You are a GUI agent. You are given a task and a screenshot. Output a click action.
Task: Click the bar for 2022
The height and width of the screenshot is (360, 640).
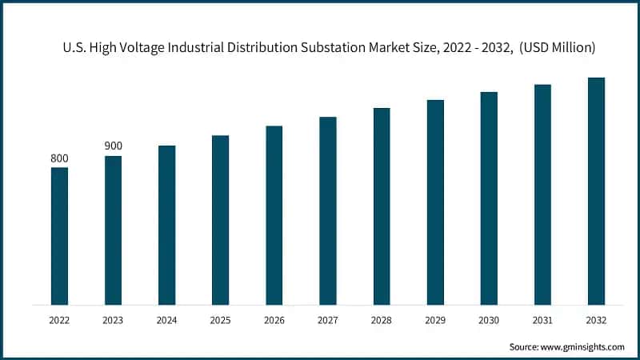tap(59, 236)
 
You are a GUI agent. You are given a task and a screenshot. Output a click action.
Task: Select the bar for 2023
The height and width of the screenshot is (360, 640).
tap(113, 230)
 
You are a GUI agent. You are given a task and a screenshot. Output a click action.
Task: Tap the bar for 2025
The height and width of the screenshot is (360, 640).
tap(220, 220)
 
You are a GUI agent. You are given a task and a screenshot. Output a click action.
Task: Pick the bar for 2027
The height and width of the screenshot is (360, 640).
tap(328, 210)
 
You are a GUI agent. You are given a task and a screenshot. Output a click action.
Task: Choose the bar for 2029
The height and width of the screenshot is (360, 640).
tap(435, 202)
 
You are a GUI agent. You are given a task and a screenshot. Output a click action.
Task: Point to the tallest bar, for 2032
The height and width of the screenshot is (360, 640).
tap(596, 191)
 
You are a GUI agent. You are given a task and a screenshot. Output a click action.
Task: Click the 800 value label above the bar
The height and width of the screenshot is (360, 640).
tap(59, 158)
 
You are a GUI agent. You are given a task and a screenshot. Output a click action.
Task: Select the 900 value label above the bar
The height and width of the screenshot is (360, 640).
tap(113, 146)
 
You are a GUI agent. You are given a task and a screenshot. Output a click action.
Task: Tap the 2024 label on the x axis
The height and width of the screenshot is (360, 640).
tap(166, 319)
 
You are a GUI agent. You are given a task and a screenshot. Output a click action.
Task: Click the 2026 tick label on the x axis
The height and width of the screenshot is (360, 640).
tap(274, 319)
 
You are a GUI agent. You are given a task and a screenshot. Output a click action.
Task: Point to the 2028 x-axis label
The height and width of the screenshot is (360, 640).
tap(382, 319)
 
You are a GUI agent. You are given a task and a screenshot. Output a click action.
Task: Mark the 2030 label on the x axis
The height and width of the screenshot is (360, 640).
tap(489, 319)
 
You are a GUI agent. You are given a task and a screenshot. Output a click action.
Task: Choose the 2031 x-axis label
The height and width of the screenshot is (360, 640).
tap(542, 319)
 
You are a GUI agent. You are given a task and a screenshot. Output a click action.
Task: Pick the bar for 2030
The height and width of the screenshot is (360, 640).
tap(489, 198)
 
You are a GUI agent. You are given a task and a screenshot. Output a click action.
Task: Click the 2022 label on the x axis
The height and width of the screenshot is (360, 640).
tap(59, 319)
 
